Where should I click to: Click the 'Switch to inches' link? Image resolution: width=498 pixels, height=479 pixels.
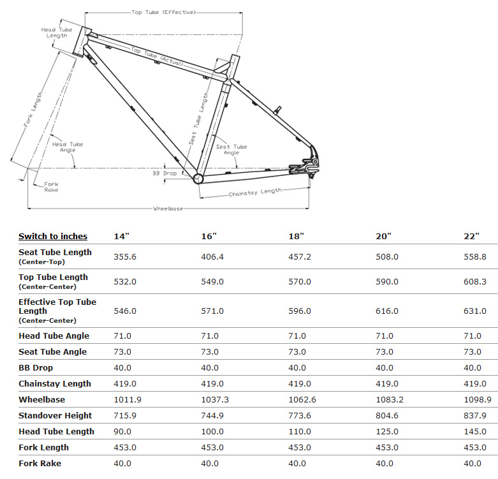tap(53, 237)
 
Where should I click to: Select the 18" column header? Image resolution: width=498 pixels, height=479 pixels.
tap(297, 237)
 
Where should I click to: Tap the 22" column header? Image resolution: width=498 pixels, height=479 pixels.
tap(472, 237)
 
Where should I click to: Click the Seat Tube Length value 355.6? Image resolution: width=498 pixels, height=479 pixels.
tap(125, 256)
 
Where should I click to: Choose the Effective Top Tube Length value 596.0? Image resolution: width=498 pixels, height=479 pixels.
tap(300, 311)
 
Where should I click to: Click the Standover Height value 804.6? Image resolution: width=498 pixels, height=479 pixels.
tap(387, 415)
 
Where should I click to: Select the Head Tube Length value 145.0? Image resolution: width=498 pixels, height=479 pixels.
tap(475, 431)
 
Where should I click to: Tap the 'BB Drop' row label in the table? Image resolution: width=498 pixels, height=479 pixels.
tap(36, 367)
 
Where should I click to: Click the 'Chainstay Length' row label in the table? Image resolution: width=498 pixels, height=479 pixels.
tap(55, 383)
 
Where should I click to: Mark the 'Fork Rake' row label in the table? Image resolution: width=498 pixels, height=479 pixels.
tap(40, 463)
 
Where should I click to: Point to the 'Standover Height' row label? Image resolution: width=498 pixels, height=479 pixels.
tap(55, 415)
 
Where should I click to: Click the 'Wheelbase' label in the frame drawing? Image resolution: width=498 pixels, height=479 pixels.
tap(168, 209)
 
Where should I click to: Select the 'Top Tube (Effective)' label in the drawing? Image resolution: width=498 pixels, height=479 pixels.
tap(164, 12)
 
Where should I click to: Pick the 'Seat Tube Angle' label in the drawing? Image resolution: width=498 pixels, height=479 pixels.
tap(231, 150)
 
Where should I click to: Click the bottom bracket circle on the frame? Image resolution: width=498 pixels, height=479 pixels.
tap(198, 178)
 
